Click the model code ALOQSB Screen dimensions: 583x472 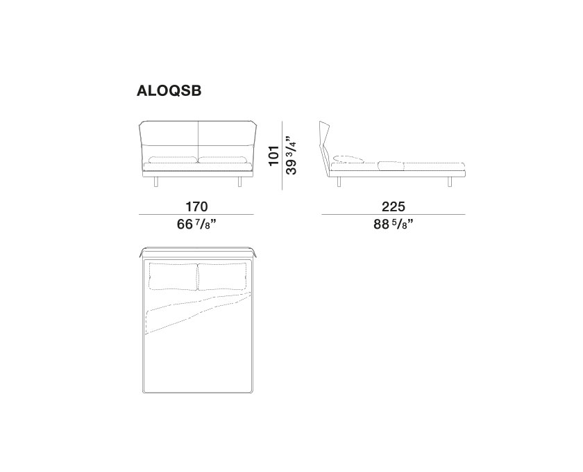169,90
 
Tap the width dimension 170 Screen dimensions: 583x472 196,206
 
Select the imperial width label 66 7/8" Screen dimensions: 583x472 196,225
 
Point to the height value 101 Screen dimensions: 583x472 274,156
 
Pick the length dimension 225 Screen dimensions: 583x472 394,206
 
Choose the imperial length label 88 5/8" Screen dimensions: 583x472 394,225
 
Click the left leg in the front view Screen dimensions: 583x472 155,181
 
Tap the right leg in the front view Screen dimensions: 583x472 239,181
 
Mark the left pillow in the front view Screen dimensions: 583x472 174,160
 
